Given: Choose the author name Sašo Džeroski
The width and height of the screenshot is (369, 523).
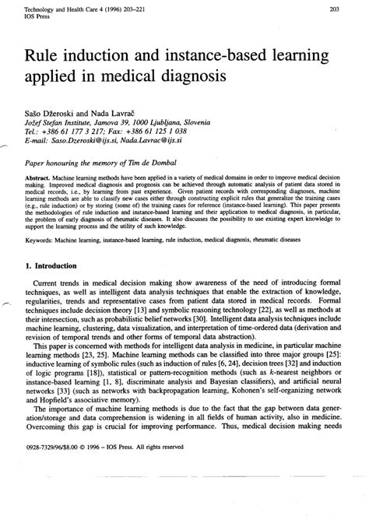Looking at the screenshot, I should click(x=52, y=114).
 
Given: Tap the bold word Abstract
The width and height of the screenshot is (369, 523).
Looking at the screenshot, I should click(x=38, y=177).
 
